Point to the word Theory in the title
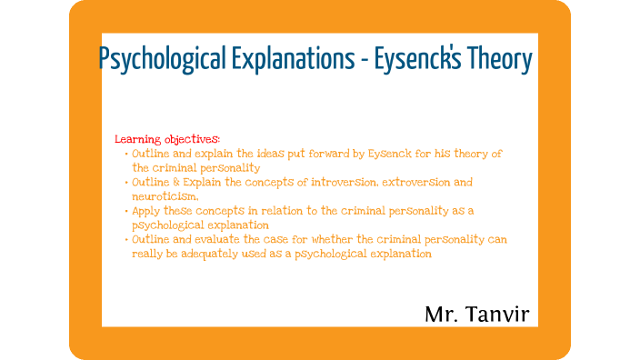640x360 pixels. click(500, 60)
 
